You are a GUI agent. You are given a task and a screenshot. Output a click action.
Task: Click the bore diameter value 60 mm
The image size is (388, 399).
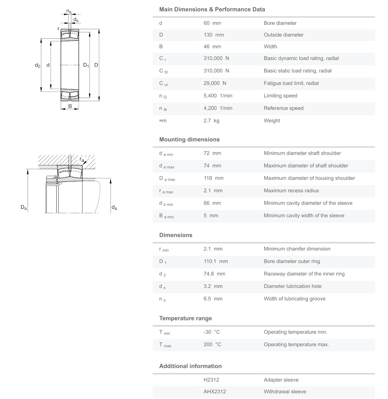pyautogui.click(x=212, y=23)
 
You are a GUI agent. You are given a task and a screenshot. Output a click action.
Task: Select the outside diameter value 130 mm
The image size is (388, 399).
pyautogui.click(x=214, y=35)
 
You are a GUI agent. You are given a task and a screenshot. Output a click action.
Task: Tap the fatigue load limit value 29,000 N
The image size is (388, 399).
pyautogui.click(x=215, y=83)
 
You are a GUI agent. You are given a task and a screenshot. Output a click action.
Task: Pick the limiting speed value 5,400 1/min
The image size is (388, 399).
pyautogui.click(x=218, y=96)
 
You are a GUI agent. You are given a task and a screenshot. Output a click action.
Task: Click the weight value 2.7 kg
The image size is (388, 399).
pyautogui.click(x=211, y=121)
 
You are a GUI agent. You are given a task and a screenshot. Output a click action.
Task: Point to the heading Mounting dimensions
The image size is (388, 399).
pyautogui.click(x=189, y=139)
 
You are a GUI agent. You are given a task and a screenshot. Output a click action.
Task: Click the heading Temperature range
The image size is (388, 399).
pyautogui.click(x=185, y=318)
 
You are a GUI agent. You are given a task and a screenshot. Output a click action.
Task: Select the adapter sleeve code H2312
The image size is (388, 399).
pyautogui.click(x=211, y=380)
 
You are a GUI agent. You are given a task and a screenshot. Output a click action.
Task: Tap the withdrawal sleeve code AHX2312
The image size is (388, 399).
pyautogui.click(x=215, y=391)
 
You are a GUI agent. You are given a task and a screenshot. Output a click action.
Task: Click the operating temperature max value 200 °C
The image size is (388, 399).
pyautogui.click(x=212, y=345)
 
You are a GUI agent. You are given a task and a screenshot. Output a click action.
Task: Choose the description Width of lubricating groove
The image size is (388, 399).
pyautogui.click(x=294, y=299)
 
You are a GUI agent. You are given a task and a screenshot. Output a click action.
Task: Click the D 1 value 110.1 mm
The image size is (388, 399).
pyautogui.click(x=216, y=261)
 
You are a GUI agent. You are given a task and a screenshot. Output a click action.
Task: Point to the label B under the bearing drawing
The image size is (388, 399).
pyautogui.click(x=70, y=106)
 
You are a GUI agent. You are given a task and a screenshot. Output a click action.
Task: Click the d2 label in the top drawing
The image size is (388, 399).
pyautogui.click(x=38, y=65)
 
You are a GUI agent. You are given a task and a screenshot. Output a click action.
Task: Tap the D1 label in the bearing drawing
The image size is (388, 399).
pyautogui.click(x=86, y=65)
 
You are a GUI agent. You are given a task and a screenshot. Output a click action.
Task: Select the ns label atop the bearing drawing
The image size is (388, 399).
pyautogui.click(x=69, y=11)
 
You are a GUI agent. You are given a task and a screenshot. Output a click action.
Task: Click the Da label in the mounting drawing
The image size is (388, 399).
pyautogui.click(x=24, y=207)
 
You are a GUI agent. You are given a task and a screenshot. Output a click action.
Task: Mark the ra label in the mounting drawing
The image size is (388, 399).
pyautogui.click(x=82, y=159)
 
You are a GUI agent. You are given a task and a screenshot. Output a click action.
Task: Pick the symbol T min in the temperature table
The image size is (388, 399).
pyautogui.click(x=165, y=332)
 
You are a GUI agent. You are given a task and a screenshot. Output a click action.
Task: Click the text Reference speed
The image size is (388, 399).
pyautogui.click(x=283, y=108)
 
